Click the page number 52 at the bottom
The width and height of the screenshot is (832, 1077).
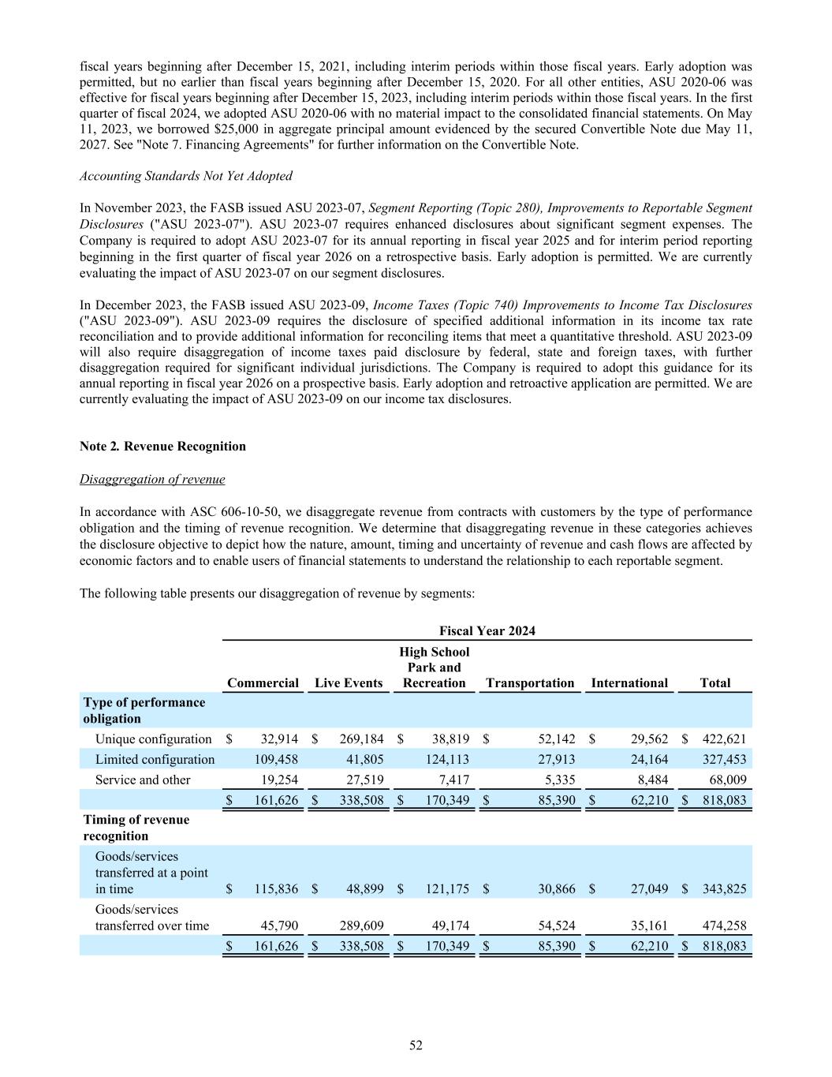[416, 1045]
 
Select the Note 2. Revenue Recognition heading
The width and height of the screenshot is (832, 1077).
[162, 446]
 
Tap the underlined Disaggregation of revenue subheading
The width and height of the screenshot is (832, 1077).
[152, 479]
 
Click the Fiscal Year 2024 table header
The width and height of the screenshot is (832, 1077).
[487, 630]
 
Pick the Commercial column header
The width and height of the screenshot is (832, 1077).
[263, 682]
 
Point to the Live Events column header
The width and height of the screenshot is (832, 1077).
[349, 682]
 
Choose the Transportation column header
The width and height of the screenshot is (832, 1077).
[530, 682]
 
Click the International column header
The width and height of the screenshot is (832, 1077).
[629, 682]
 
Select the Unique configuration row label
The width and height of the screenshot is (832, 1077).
[153, 739]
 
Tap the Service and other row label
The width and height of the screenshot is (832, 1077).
[143, 780]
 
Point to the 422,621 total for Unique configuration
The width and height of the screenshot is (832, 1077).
[724, 739]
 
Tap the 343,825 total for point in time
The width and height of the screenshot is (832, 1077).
[724, 888]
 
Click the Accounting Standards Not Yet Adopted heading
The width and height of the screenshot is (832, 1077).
[186, 176]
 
